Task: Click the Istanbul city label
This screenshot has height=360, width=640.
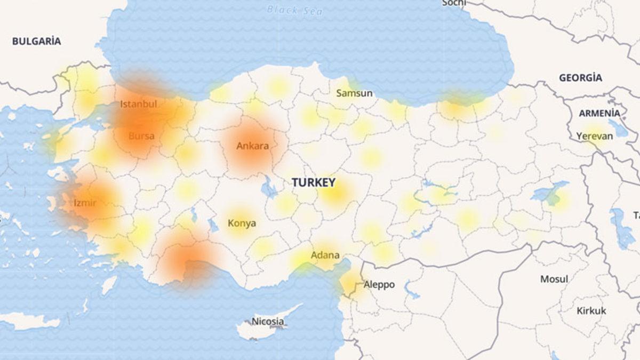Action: point(138,104)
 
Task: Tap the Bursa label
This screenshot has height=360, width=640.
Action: point(141,136)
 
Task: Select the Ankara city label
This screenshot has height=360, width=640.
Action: point(252,146)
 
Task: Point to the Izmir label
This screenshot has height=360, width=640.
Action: point(85,203)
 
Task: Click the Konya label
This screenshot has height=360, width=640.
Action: point(242,223)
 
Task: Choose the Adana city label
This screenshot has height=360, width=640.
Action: point(325,255)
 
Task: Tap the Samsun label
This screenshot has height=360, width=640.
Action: point(354,93)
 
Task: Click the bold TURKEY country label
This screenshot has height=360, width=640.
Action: point(314,183)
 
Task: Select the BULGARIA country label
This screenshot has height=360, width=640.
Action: point(36,41)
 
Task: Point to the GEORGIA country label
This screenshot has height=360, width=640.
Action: point(580,78)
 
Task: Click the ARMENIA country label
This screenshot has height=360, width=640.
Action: point(599,113)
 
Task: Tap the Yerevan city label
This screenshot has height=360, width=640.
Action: point(594,136)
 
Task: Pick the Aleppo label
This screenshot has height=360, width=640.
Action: point(379,285)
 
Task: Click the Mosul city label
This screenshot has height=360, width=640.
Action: point(554,279)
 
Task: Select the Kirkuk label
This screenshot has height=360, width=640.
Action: point(591,311)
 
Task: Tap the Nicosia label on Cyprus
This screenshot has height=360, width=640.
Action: point(268,322)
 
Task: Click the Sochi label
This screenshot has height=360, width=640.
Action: point(454,3)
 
